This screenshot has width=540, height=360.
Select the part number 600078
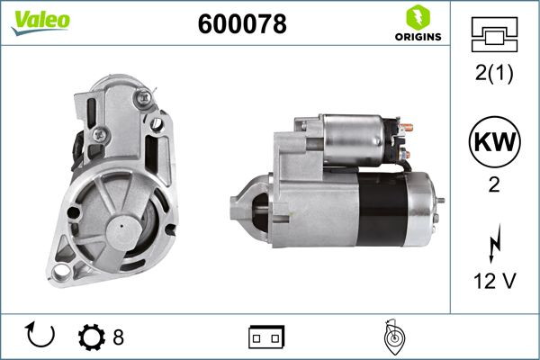241,25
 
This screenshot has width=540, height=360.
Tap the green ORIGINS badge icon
415,16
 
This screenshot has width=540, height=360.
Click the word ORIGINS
415,38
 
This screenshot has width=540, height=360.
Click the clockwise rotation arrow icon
42,337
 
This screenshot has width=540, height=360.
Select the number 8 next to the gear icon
118,337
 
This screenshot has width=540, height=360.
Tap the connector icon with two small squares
266,337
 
